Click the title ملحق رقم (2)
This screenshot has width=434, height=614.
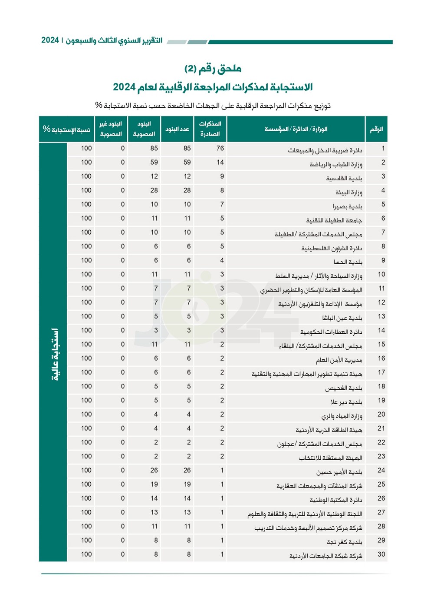213,69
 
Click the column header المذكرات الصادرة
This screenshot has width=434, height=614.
210,129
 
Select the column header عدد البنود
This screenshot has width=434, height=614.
177,129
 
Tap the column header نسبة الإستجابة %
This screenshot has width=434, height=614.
66,129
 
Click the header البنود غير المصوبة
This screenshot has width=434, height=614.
111,129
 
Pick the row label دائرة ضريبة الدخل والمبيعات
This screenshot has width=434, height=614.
325,150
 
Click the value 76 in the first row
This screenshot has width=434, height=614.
220,149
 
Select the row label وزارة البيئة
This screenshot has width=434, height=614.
349,192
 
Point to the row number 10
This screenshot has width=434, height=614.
381,274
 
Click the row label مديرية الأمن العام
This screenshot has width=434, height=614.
339,360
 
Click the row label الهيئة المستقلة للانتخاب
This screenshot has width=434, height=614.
330,458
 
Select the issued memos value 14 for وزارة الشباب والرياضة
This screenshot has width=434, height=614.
220,163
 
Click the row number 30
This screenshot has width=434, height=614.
381,554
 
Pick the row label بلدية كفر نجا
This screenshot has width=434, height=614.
344,542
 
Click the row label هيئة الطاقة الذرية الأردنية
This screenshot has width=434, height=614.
329,430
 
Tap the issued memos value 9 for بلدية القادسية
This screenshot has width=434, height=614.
222,176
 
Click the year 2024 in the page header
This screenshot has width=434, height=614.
50,40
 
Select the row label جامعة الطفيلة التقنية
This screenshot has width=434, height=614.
334,220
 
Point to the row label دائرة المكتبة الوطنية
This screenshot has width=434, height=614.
335,500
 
